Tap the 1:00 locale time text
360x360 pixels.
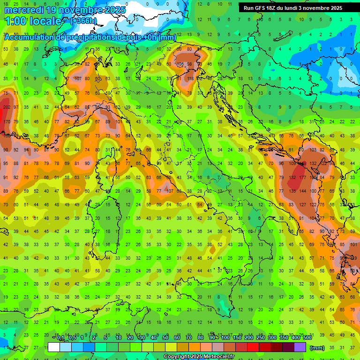coord(33,21)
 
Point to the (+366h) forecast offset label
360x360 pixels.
coord(83,21)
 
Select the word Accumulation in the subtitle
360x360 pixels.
coord(28,37)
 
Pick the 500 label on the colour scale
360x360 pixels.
coord(307,338)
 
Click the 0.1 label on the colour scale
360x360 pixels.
coord(60,338)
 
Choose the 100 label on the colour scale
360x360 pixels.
coord(225,338)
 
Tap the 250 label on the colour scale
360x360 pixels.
coord(260,338)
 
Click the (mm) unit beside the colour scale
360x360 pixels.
coord(317,348)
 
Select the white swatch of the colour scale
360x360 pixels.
coord(54,347)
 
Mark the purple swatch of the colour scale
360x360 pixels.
coord(300,347)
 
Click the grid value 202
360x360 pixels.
coord(7,107)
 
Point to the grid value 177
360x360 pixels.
coord(302,178)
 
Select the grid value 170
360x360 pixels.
coord(7,122)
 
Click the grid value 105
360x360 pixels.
coord(180,64)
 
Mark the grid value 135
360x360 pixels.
coord(292,191)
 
